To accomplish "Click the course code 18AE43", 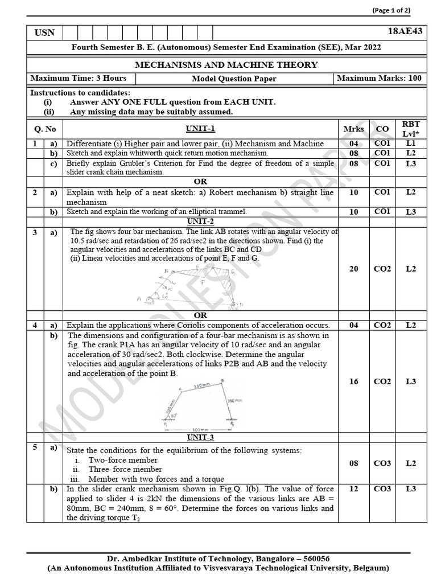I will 409,32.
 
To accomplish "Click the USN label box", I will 44,32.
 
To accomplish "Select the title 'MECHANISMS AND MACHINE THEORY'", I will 226,65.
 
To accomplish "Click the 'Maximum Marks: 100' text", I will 380,78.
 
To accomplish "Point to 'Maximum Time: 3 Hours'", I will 79,78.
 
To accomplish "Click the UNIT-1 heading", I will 200,129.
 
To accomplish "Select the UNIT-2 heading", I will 200,221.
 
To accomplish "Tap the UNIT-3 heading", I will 200,437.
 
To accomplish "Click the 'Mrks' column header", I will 354,129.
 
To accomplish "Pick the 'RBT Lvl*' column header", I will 411,129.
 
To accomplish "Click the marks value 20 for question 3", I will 354,269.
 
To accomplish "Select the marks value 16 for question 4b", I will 354,381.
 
